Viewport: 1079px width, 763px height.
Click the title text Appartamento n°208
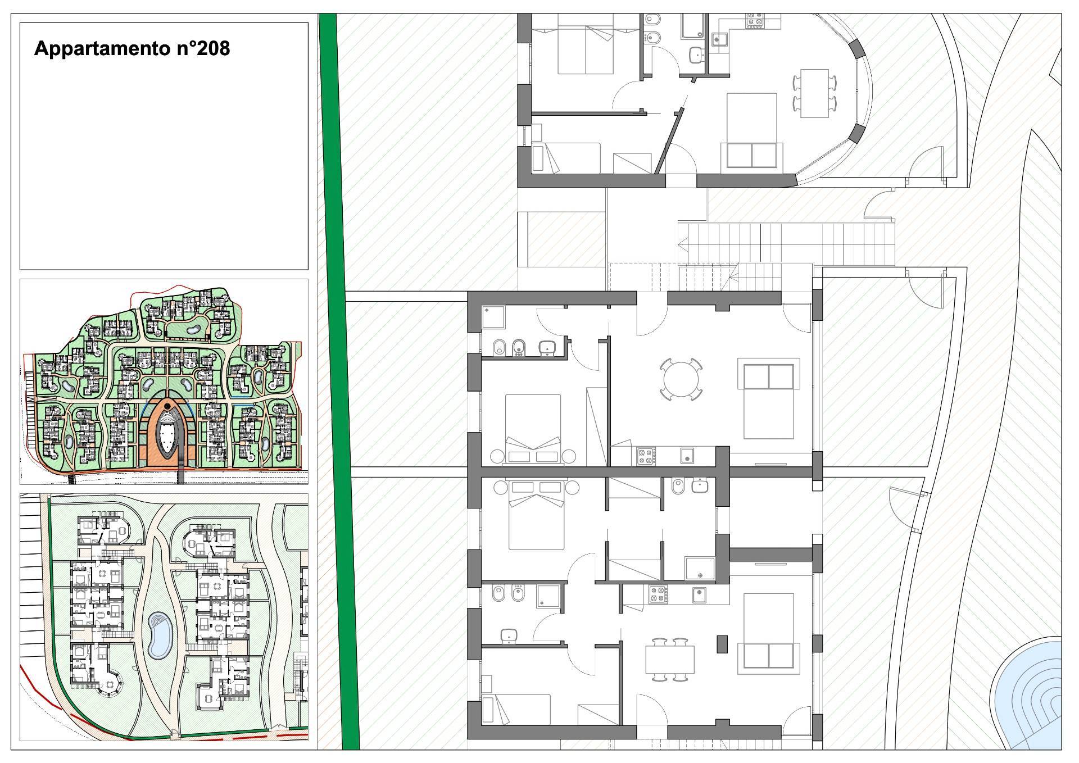(x=132, y=49)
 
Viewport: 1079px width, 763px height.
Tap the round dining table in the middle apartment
(x=681, y=380)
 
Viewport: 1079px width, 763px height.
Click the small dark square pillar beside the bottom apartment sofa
(x=722, y=644)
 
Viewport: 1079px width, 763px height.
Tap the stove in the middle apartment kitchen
(x=644, y=455)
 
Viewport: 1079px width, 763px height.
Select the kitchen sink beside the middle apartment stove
(x=686, y=456)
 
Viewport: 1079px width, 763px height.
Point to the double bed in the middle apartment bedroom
(x=533, y=429)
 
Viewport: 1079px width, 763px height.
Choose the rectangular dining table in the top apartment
(x=814, y=93)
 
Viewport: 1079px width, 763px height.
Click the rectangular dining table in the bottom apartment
(x=669, y=659)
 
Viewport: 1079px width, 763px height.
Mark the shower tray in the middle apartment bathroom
(x=494, y=317)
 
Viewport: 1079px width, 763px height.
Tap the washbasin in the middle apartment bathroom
(x=546, y=348)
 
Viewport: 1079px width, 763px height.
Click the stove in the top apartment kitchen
(x=755, y=22)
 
